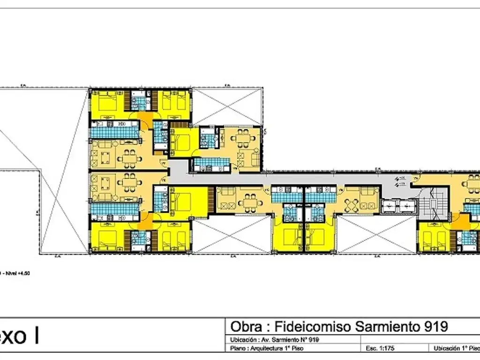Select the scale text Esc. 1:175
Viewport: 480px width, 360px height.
[x=382, y=348]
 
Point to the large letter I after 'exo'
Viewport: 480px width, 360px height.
[x=36, y=336]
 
